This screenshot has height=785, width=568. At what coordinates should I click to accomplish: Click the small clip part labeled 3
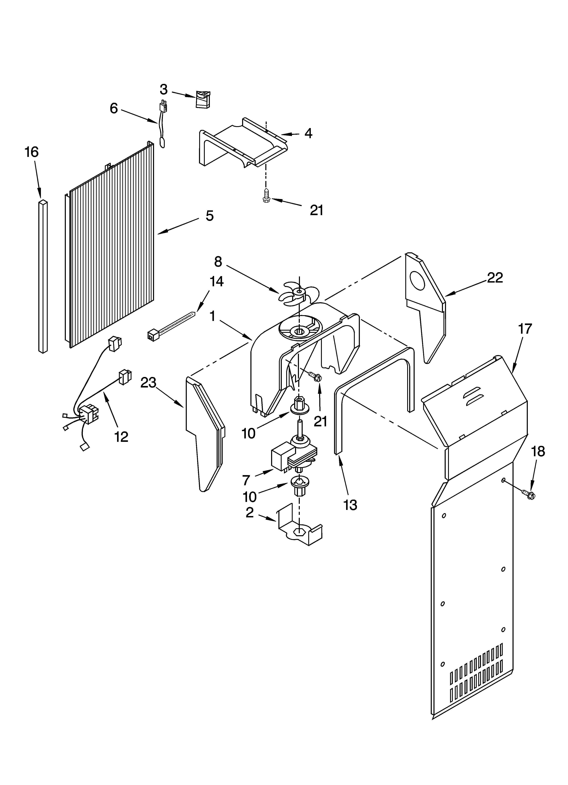pyautogui.click(x=203, y=99)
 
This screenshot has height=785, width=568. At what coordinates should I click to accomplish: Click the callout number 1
pyautogui.click(x=212, y=316)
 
